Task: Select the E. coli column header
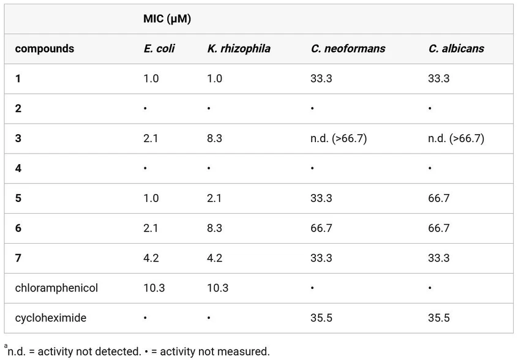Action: pos(159,48)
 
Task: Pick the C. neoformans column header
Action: pos(348,48)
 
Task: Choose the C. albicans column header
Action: pos(455,48)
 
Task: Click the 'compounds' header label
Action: pos(44,48)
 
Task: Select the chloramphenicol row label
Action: pos(56,288)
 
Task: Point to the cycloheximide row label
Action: pos(51,318)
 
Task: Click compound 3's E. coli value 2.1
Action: pos(151,138)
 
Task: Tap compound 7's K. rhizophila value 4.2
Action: pos(215,258)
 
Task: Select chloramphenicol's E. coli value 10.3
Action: pos(154,288)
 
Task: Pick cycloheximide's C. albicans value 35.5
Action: pos(439,318)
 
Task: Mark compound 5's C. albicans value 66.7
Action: pos(439,198)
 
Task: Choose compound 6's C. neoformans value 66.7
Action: pos(321,228)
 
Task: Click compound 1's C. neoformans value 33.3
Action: pos(321,78)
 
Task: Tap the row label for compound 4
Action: pos(18,168)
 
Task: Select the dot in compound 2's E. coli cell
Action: pos(145,109)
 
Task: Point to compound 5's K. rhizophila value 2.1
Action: pos(215,198)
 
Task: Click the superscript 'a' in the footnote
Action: pos(6,347)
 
